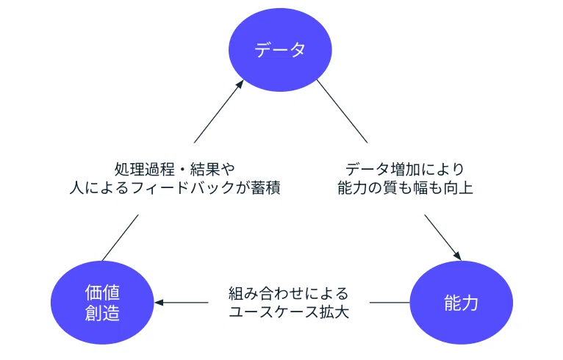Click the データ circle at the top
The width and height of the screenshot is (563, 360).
[x=280, y=50]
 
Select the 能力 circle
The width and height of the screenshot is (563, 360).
[x=462, y=303]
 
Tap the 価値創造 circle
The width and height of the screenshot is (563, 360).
[x=102, y=303]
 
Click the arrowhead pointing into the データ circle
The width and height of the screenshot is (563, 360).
[x=240, y=84]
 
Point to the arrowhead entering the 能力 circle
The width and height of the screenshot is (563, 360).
[x=457, y=256]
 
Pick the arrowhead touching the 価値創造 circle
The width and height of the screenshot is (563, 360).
[x=159, y=303]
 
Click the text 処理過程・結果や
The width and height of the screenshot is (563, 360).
[x=175, y=169]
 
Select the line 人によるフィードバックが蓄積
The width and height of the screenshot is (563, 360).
[x=175, y=188]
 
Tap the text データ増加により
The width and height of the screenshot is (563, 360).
[x=405, y=169]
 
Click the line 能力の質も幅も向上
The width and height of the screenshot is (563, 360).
[x=405, y=188]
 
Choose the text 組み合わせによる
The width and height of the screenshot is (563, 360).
[x=289, y=294]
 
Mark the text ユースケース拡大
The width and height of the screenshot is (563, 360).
[x=289, y=312]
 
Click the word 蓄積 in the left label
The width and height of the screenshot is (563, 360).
[x=266, y=188]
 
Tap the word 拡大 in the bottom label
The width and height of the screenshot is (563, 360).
[x=334, y=312]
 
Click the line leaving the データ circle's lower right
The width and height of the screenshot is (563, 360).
[x=343, y=111]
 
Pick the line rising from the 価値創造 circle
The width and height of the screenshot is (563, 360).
[x=121, y=238]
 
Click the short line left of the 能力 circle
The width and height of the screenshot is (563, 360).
[x=390, y=303]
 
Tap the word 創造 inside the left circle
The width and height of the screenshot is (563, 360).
[x=102, y=313]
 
